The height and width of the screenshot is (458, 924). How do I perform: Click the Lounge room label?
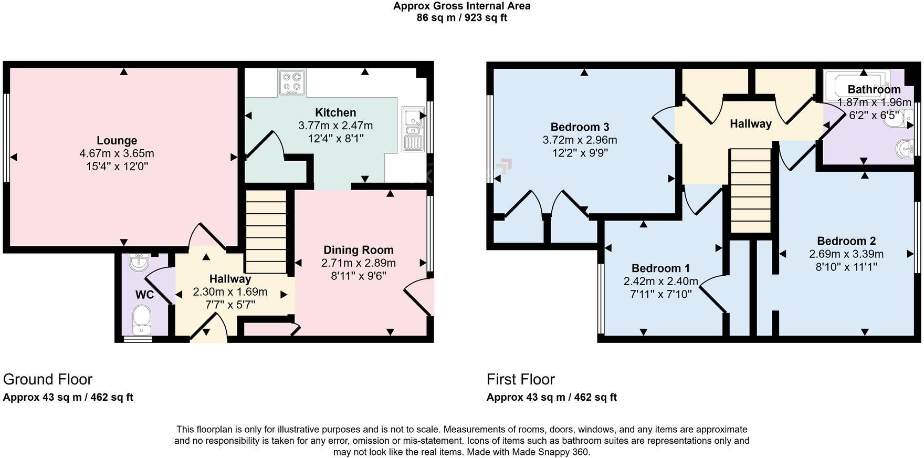point(117,141)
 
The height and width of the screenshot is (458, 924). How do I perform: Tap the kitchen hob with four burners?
point(292,83)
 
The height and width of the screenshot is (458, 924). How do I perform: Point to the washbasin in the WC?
point(140,263)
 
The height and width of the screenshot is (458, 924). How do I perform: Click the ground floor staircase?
point(266,232)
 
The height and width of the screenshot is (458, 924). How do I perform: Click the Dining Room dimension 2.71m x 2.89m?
point(359,263)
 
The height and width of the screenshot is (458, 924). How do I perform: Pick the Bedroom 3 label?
point(580,127)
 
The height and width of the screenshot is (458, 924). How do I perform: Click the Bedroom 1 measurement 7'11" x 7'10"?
point(660,295)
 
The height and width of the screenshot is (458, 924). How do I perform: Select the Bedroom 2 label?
point(846,241)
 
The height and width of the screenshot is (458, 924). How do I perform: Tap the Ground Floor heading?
point(48,379)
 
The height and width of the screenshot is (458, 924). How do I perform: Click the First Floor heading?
point(520,379)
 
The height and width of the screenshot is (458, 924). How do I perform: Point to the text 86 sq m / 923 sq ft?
point(461,18)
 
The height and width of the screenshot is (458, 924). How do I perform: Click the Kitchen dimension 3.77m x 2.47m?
point(335,126)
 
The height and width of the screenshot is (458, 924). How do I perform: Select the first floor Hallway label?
point(750,124)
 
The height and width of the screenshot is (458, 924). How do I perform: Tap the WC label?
point(144,295)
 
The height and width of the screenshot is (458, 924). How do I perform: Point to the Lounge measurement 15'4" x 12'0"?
point(117,166)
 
